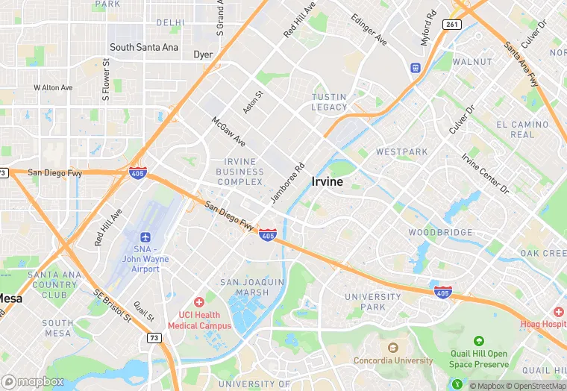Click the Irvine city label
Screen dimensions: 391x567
click(328, 182)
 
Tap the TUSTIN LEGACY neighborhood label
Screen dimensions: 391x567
click(329, 102)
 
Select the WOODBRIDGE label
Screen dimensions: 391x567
click(440, 233)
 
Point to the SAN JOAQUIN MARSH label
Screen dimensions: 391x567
click(252, 287)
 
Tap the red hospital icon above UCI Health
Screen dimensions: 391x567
click(198, 302)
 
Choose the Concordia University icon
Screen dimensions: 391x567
click(392, 348)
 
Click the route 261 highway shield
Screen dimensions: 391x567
click(451, 24)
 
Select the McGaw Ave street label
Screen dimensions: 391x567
click(228, 131)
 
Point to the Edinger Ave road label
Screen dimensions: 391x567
click(369, 28)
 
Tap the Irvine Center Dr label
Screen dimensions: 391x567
click(484, 173)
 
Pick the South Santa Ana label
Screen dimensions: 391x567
click(144, 47)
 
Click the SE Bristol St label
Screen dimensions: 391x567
click(112, 306)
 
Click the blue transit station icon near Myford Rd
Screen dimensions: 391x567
click(415, 68)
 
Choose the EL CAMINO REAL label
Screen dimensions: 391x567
click(522, 130)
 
